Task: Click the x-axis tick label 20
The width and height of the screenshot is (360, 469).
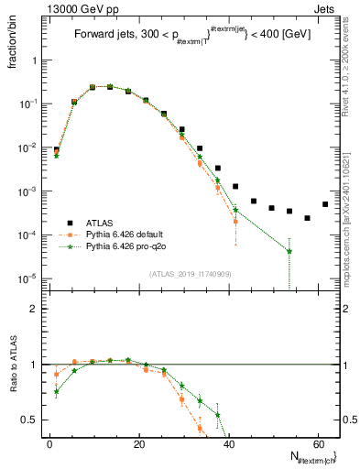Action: pyautogui.click(x=138, y=442)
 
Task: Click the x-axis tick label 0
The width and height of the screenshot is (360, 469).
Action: pyautogui.click(x=49, y=442)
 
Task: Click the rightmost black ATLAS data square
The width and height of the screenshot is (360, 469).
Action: pyautogui.click(x=325, y=204)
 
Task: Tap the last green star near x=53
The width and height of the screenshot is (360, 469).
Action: pyautogui.click(x=289, y=251)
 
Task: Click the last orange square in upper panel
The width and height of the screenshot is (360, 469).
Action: pyautogui.click(x=235, y=222)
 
